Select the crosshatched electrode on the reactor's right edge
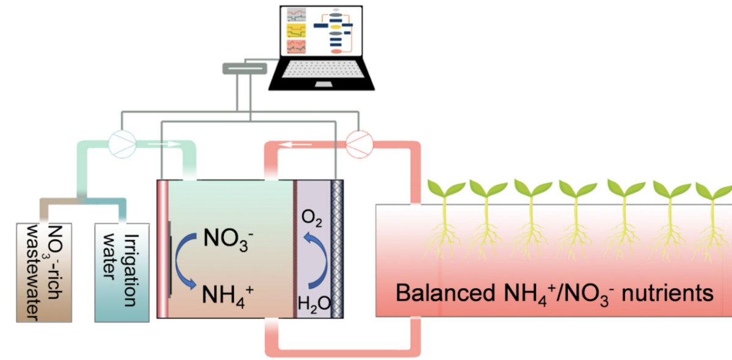[x=338, y=249]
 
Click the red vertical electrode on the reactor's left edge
[x=162, y=249]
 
